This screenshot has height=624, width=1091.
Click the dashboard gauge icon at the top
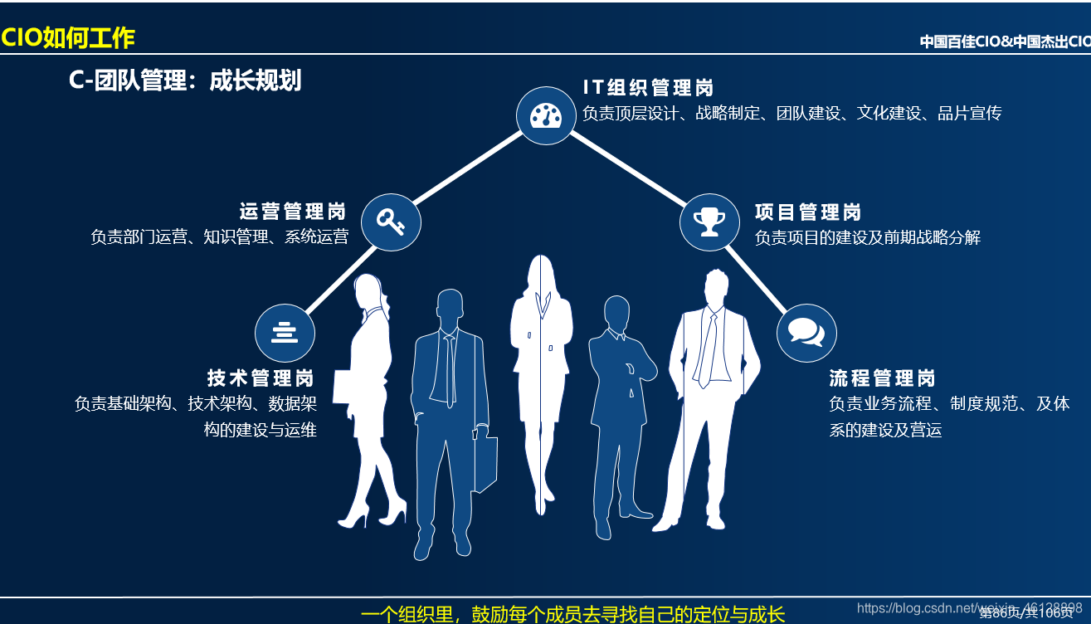coord(546,115)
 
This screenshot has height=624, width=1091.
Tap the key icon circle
coord(391,222)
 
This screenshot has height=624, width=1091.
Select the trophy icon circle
coord(709,222)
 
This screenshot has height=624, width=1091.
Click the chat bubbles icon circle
coord(806,332)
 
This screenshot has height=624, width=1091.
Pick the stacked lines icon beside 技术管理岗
coord(285,332)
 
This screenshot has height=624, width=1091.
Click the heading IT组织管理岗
coord(648,88)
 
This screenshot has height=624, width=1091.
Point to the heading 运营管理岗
coord(293,212)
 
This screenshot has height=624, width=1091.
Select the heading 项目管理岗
coord(807,212)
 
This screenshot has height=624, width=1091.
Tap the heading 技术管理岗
coord(261,378)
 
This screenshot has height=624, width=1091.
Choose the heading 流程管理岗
coord(882,379)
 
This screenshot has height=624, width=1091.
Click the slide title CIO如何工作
coord(68,38)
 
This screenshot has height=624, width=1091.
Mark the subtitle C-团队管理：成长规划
coord(185,80)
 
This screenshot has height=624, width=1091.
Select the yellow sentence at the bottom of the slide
coord(572,614)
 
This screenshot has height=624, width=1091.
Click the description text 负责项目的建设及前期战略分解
coord(867,238)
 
